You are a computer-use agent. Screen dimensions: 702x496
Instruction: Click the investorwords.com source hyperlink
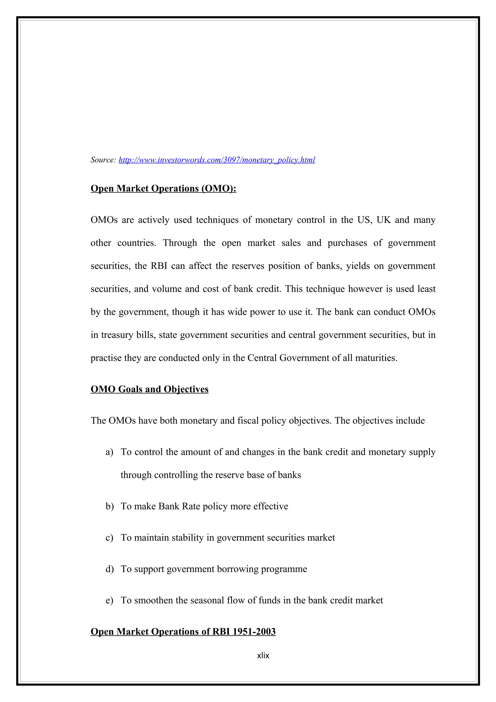point(217,160)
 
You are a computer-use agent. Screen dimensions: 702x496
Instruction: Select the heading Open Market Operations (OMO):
point(163,188)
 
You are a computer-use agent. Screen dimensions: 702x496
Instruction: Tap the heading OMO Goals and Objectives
point(149,389)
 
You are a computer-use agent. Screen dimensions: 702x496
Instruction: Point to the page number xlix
point(263,655)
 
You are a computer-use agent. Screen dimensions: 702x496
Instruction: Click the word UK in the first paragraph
point(384,220)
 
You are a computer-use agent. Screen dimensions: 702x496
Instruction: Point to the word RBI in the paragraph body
point(159,266)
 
